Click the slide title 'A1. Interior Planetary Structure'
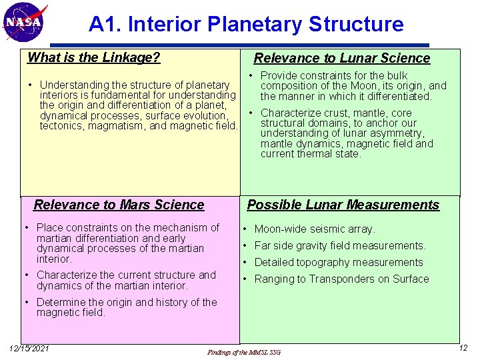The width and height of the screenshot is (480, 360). (246, 25)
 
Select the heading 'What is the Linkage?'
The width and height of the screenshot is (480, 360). (93, 57)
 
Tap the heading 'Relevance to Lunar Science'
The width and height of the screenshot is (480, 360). (342, 58)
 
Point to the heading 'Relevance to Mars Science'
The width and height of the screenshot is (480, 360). (119, 205)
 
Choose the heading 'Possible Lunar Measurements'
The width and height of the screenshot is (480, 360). (343, 205)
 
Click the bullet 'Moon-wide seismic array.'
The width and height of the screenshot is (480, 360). (315, 229)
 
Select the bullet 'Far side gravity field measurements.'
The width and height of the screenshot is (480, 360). (340, 246)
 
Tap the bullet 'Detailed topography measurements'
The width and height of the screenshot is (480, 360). (339, 262)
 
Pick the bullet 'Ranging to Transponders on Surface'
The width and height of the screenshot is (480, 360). (341, 279)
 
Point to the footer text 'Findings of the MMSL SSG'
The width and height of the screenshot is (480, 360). (244, 351)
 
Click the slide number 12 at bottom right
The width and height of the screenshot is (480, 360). (463, 348)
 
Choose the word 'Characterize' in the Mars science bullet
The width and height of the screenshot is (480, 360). (68, 275)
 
